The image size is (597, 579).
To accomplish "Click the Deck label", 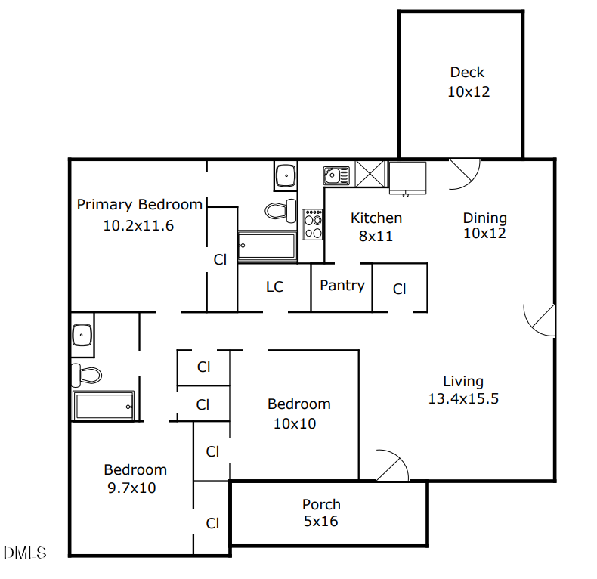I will pyautogui.click(x=468, y=73).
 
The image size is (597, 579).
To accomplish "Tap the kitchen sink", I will pyautogui.click(x=336, y=176).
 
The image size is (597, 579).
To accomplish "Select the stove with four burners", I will pyautogui.click(x=313, y=224).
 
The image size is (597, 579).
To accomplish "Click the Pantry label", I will pyautogui.click(x=342, y=286).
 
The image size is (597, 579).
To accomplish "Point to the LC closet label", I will pyautogui.click(x=274, y=287).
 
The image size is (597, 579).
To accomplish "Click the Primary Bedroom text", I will pyautogui.click(x=140, y=205).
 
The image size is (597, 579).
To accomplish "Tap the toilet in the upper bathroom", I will pyautogui.click(x=281, y=209).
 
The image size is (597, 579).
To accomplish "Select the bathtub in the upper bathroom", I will pyautogui.click(x=267, y=246).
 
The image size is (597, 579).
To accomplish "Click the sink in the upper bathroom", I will pyautogui.click(x=286, y=176).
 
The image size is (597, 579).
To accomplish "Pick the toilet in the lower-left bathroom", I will pyautogui.click(x=87, y=374).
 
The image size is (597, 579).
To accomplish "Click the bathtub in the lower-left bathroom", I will pyautogui.click(x=104, y=406).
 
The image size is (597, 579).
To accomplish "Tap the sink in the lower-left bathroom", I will pyautogui.click(x=82, y=334).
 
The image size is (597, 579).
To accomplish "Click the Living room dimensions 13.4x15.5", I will pyautogui.click(x=463, y=399).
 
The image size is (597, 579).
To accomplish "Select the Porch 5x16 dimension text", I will pyautogui.click(x=321, y=521).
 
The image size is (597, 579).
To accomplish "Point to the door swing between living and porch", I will pyautogui.click(x=391, y=464).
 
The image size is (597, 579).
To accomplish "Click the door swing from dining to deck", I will pyautogui.click(x=462, y=174).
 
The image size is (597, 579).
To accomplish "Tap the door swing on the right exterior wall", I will pyautogui.click(x=540, y=320).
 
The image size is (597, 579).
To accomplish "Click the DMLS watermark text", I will pyautogui.click(x=25, y=553).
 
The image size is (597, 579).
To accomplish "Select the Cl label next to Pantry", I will pyautogui.click(x=400, y=289).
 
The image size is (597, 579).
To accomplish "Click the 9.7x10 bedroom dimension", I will pyautogui.click(x=132, y=488).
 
